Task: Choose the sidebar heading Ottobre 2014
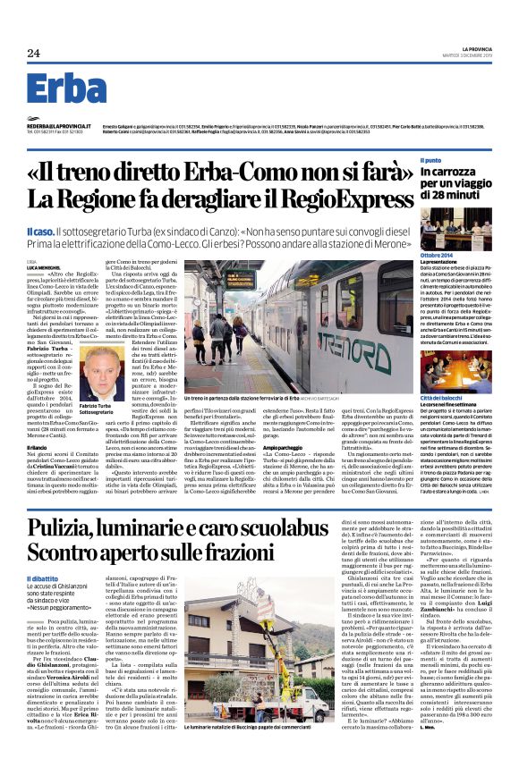(438, 256)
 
